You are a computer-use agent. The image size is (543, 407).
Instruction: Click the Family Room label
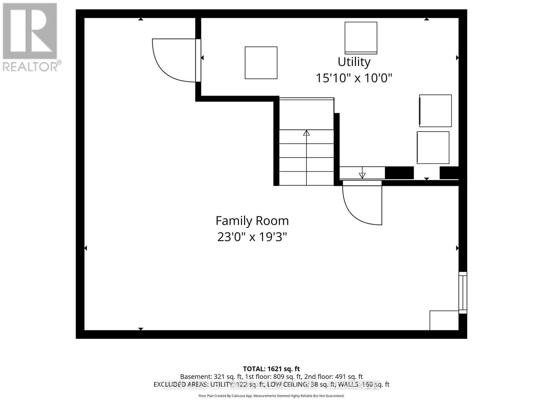point(252,221)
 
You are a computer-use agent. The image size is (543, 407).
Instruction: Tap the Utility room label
point(354,62)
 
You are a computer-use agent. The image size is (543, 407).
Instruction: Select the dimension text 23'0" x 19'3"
point(252,237)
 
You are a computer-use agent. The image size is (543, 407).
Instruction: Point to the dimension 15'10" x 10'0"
point(354,78)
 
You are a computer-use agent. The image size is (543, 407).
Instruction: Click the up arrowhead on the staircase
point(306,133)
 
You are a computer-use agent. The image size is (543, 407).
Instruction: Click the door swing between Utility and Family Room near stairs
point(361,203)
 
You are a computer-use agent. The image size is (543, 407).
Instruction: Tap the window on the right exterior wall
point(463,292)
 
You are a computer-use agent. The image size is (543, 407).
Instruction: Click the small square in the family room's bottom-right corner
point(444,320)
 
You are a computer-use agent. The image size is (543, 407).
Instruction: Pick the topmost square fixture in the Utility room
point(361,38)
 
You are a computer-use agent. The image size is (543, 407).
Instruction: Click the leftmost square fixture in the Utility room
point(261,63)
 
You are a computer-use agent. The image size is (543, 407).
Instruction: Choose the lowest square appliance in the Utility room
point(433,148)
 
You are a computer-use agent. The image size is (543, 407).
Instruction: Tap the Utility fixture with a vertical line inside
point(435,111)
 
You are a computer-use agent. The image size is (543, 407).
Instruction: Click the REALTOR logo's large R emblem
point(30,31)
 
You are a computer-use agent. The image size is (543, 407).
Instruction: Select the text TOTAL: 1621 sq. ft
point(271,369)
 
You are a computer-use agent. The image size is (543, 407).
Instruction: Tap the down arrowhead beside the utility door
point(362,175)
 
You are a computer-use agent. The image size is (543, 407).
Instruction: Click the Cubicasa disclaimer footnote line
point(271,396)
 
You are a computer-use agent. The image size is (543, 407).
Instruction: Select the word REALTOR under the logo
point(31,66)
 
